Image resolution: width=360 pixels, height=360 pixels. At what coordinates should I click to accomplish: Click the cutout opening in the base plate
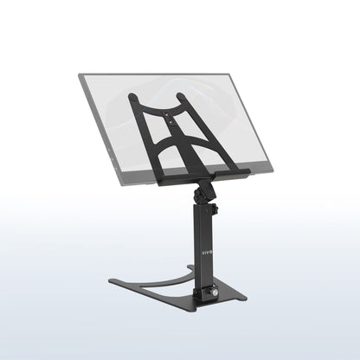click(164, 273)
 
